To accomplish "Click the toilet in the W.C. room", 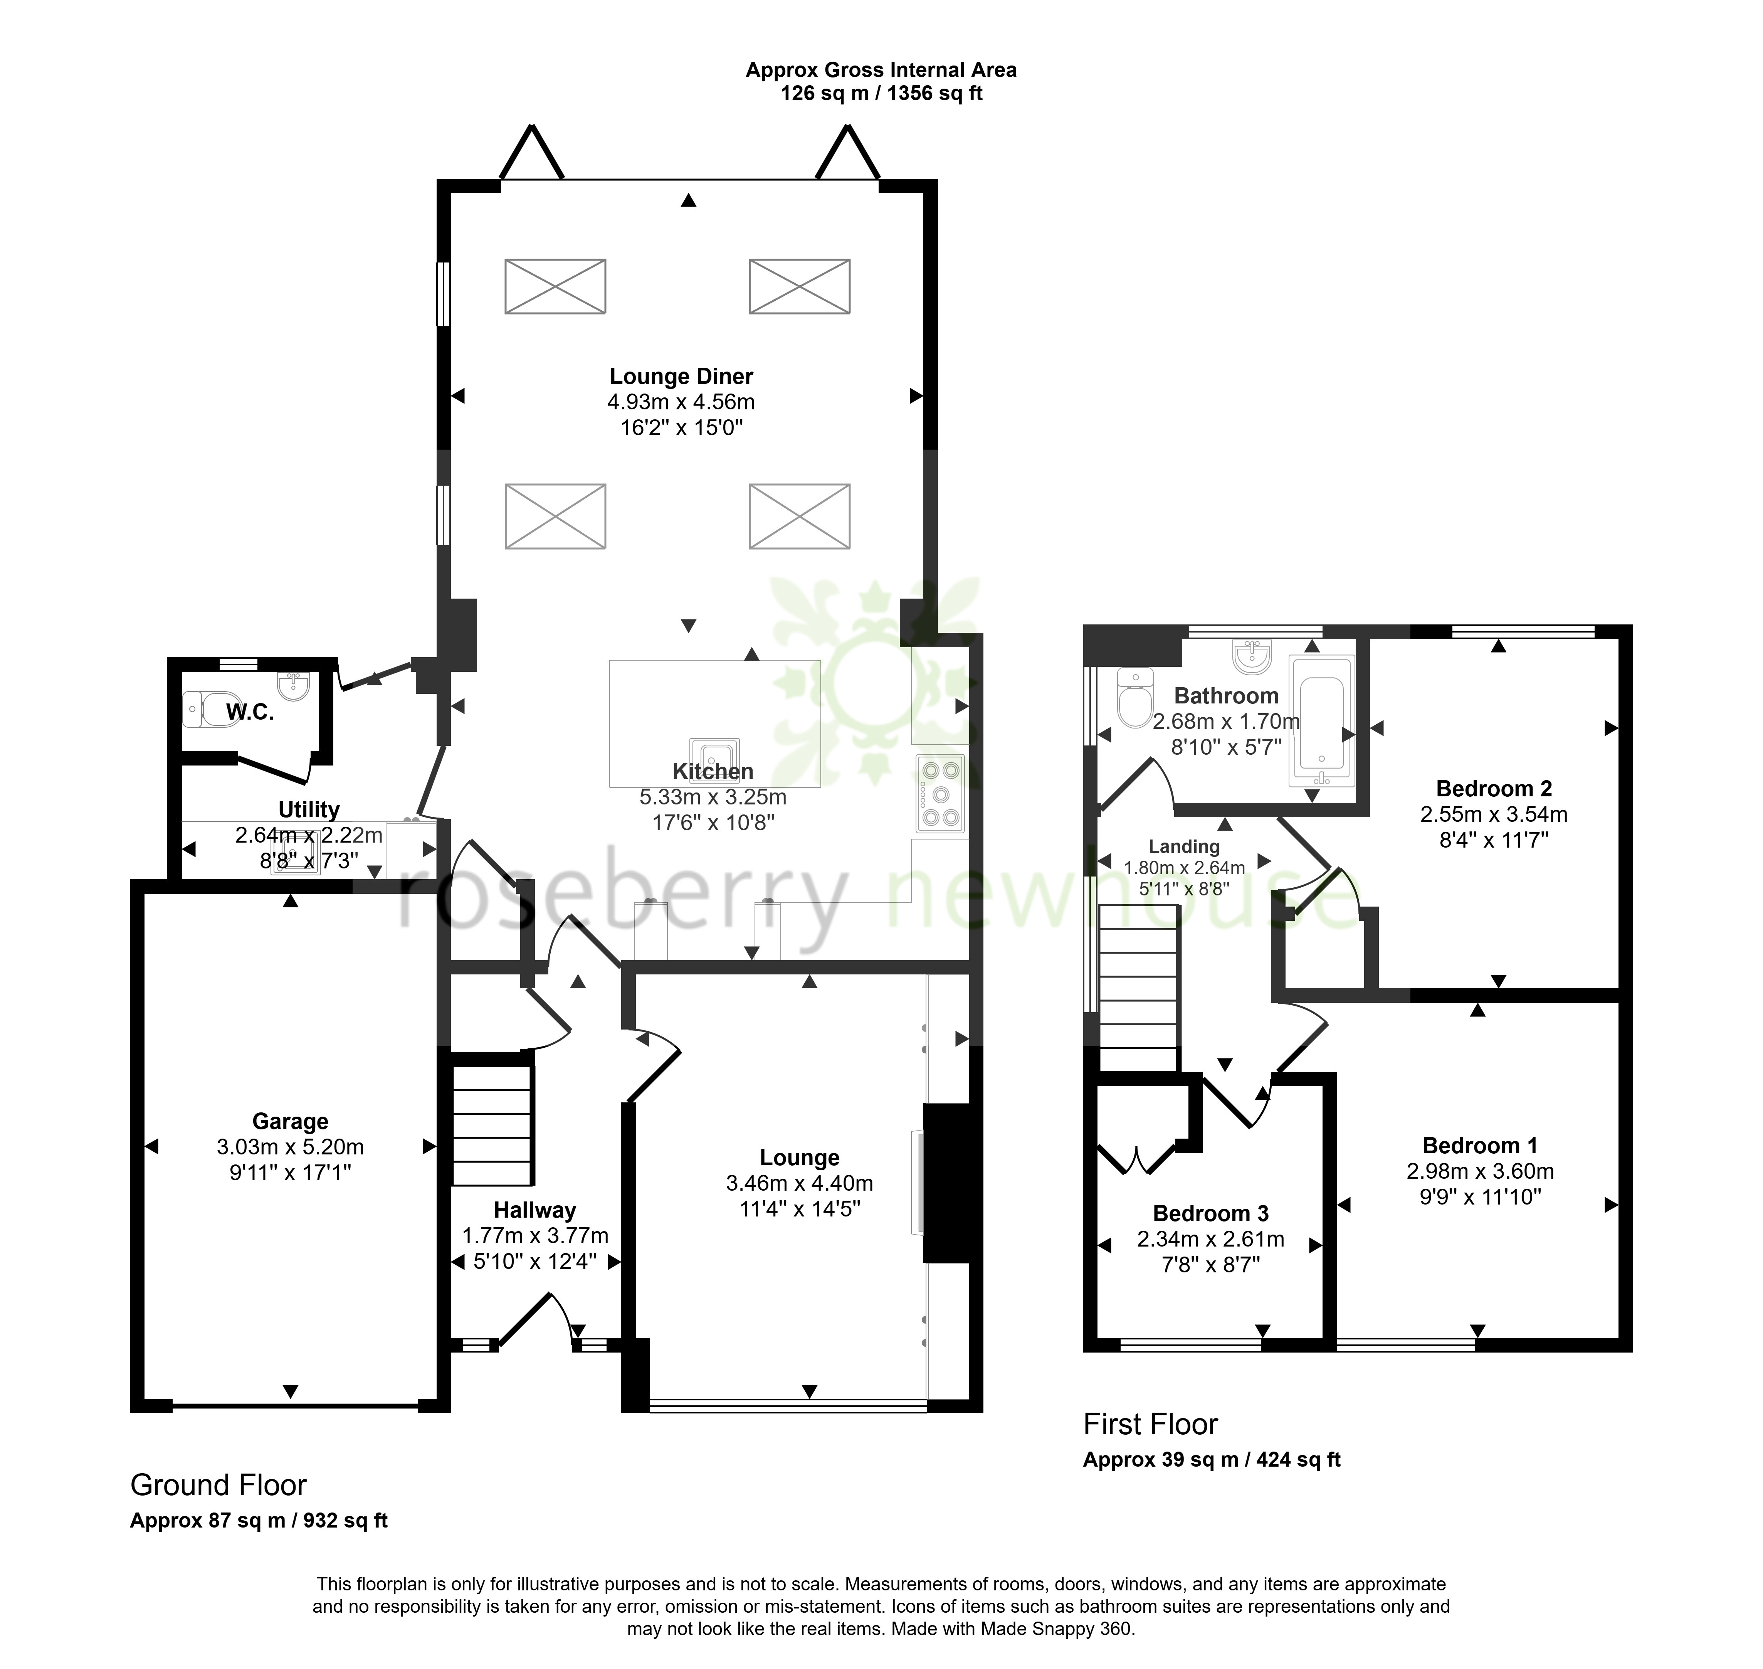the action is point(212,709).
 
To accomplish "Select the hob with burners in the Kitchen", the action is point(940,794).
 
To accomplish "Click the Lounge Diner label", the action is point(681,376).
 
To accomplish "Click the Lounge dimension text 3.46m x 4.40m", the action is point(800,1183).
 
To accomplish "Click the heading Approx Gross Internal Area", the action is point(881,70).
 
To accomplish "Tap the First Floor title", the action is point(1150,1424).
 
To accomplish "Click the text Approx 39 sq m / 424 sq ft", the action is point(1212,1460).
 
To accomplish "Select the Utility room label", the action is point(309,809).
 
